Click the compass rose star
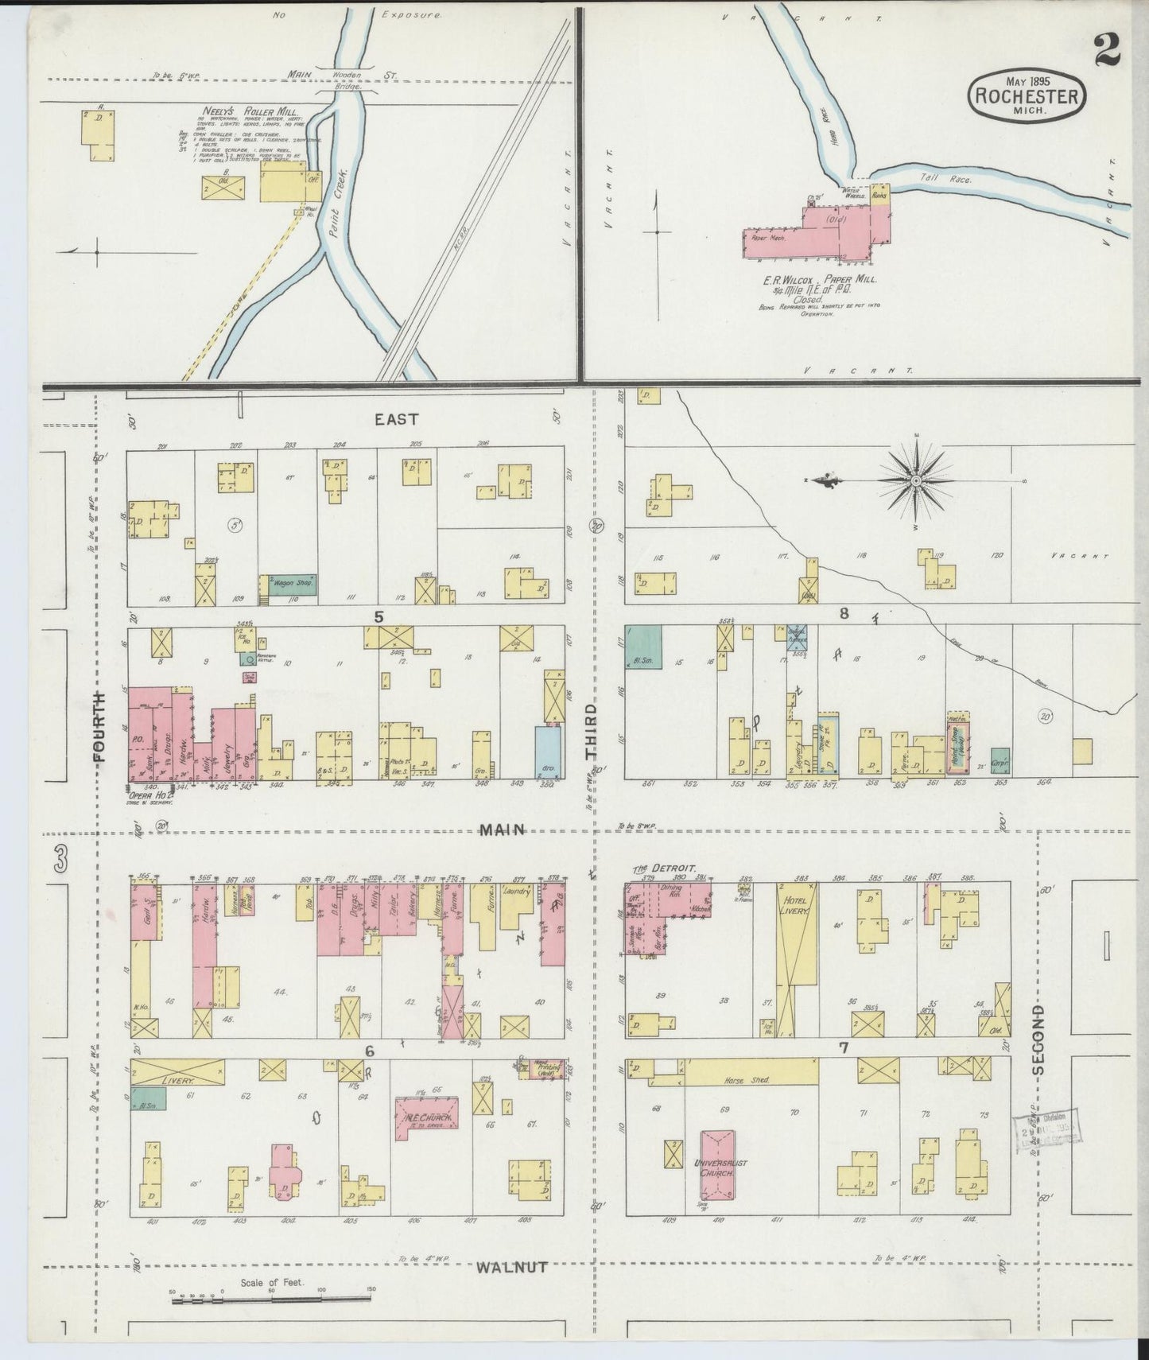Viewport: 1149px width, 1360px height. pos(916,481)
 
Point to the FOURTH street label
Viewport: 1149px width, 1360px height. pos(99,726)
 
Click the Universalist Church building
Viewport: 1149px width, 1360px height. pos(717,1165)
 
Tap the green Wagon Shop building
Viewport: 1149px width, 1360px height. pos(289,585)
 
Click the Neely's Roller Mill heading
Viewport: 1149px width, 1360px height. pos(237,112)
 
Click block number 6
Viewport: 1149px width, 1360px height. pos(370,1051)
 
